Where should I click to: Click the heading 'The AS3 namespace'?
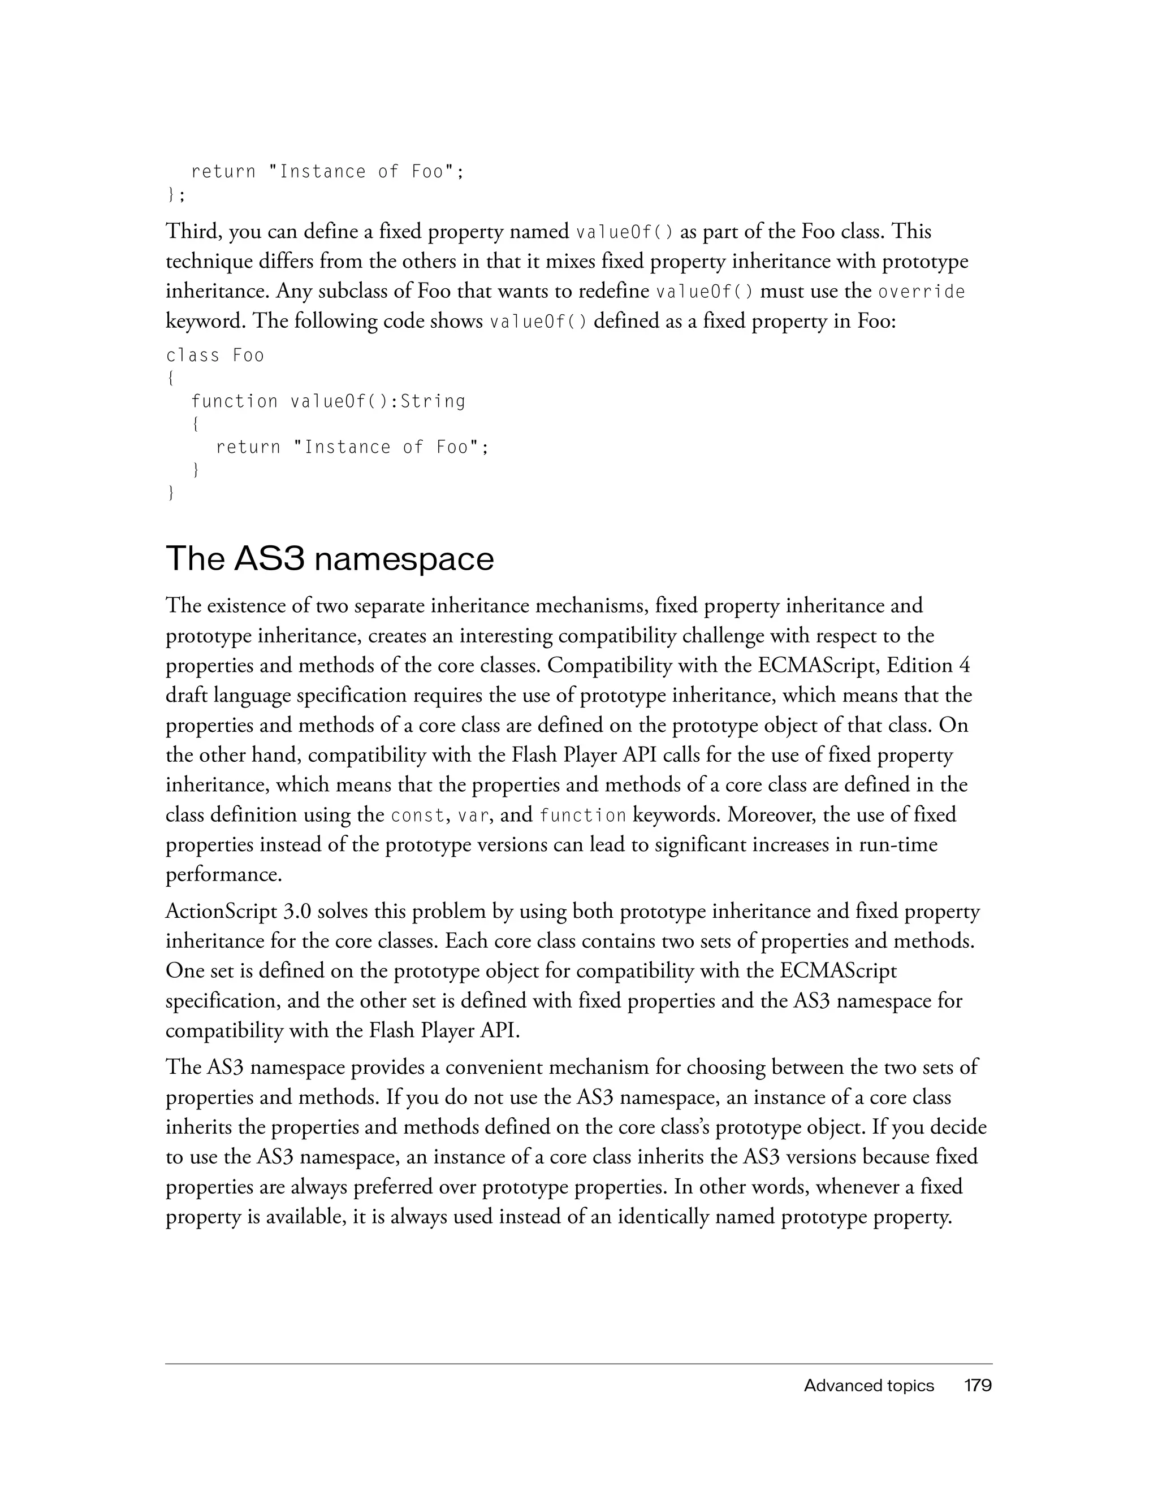pyautogui.click(x=330, y=559)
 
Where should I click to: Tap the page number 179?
pyautogui.click(x=978, y=1385)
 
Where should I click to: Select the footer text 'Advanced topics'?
pyautogui.click(x=868, y=1385)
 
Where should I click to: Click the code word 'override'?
pyautogui.click(x=922, y=292)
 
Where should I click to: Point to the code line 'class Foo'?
pyautogui.click(x=215, y=355)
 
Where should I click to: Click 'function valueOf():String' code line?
pyautogui.click(x=328, y=401)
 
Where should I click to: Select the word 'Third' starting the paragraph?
pyautogui.click(x=193, y=232)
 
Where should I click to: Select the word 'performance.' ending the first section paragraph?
pyautogui.click(x=224, y=875)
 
